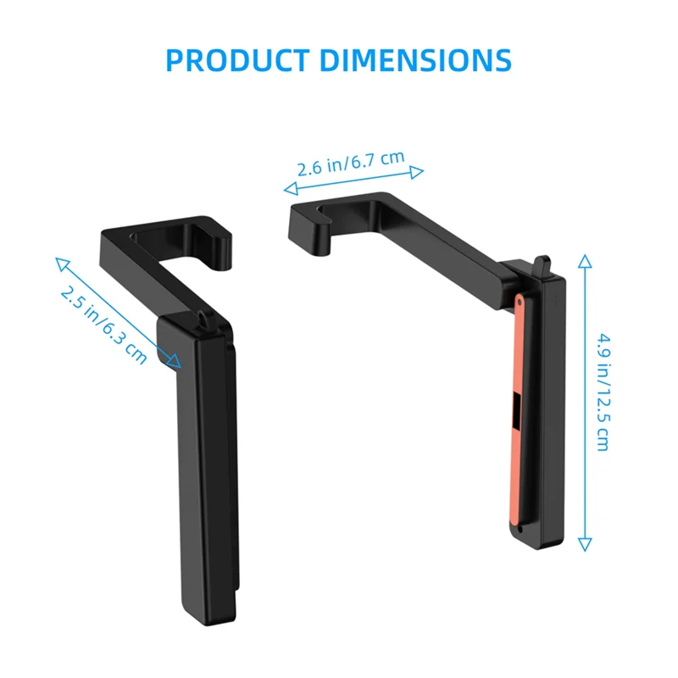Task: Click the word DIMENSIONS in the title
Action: click(417, 60)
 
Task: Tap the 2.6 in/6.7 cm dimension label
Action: click(350, 164)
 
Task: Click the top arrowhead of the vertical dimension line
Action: click(584, 259)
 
